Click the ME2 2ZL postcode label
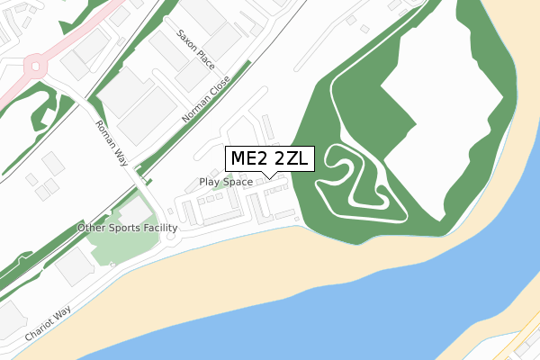(270, 158)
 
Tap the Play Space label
(225, 182)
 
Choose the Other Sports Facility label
(128, 229)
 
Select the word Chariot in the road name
(40, 328)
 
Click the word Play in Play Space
(209, 182)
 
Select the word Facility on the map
(162, 229)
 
